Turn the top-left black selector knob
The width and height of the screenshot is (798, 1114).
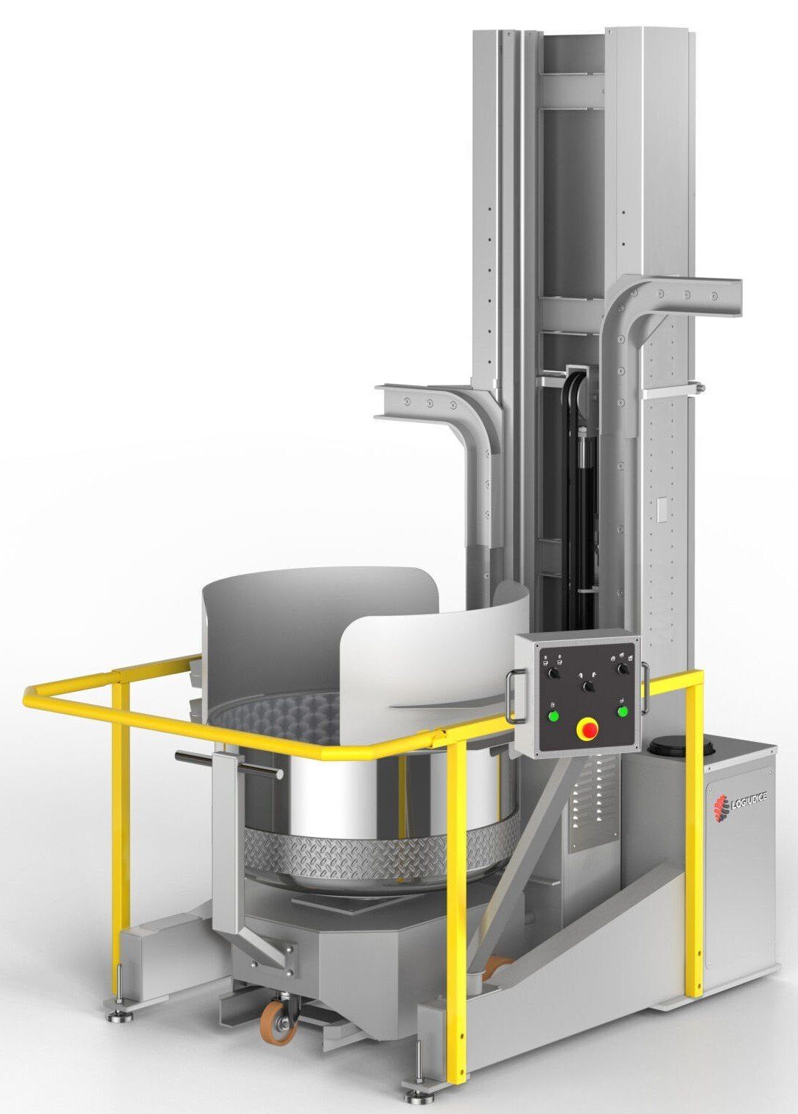click(x=552, y=674)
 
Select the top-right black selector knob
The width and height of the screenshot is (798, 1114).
click(x=620, y=668)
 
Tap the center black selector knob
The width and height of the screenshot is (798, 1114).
click(x=588, y=687)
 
